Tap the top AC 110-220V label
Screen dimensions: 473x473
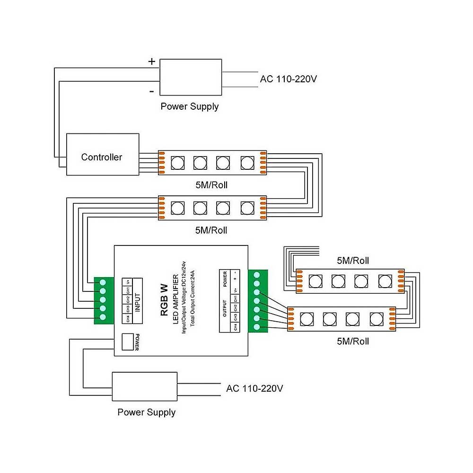pos(288,79)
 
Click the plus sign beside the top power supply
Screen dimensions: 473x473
pos(152,61)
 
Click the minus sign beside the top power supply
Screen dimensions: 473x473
pos(152,90)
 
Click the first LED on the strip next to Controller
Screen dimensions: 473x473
pos(177,162)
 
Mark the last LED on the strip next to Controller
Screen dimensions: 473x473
pos(247,162)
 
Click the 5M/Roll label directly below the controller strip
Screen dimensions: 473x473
pos(211,184)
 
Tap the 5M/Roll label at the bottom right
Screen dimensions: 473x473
pos(353,341)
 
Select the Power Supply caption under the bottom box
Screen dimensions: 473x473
pos(146,412)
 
